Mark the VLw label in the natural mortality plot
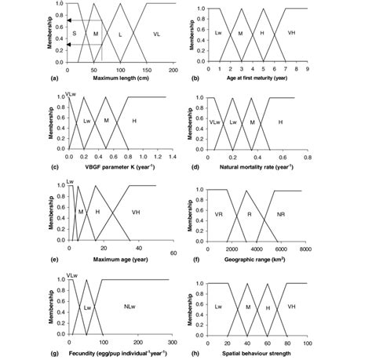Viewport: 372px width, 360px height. click(x=215, y=123)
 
